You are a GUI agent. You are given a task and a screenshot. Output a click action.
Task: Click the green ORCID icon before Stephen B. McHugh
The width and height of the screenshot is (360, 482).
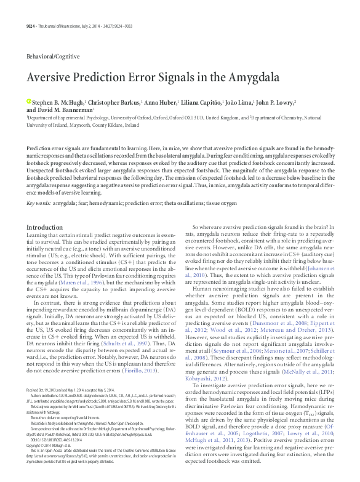(x=28, y=101)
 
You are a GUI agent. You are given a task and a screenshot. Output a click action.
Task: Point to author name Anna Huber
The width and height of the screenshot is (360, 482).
(x=161, y=102)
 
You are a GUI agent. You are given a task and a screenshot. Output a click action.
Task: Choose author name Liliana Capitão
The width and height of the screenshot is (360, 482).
(x=204, y=102)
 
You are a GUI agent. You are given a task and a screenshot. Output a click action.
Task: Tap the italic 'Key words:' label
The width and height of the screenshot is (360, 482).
(x=38, y=185)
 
